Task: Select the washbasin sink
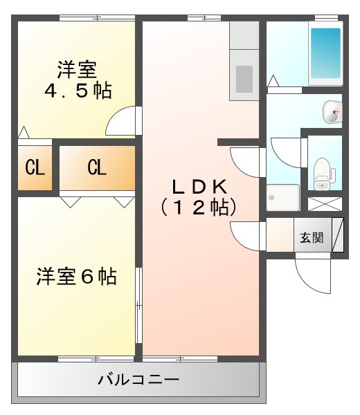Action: point(333,111)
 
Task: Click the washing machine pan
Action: point(282,197)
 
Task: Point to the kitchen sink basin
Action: point(244,78)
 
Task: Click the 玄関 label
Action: point(312,237)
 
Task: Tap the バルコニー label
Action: point(138,380)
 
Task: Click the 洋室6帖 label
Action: point(76,277)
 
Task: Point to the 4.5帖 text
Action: point(78,91)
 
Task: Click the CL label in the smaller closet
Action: point(34,167)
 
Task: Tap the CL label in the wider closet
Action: point(96,167)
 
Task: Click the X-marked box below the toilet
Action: point(324,205)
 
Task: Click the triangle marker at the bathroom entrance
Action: point(273,81)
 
